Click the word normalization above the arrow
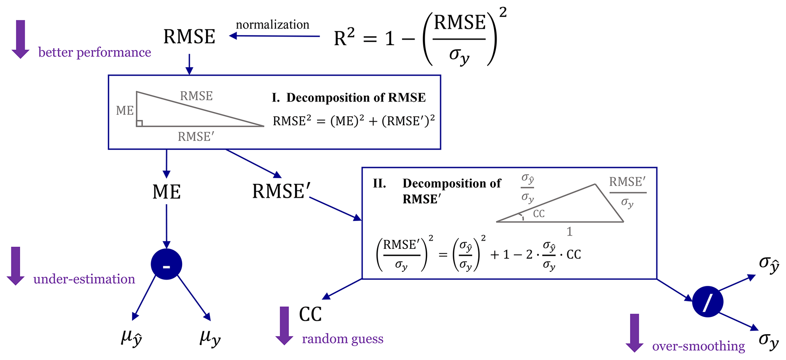pyautogui.click(x=272, y=25)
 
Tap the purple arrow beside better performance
pyautogui.click(x=21, y=39)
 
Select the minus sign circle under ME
pyautogui.click(x=166, y=265)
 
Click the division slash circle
pyautogui.click(x=707, y=302)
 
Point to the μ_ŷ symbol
pyautogui.click(x=131, y=337)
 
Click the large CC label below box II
pyautogui.click(x=310, y=314)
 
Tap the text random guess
pyautogui.click(x=342, y=339)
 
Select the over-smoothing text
pyautogui.click(x=698, y=346)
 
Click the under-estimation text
pyautogui.click(x=84, y=279)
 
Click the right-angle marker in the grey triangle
pyautogui.click(x=140, y=123)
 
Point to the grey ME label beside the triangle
pyautogui.click(x=125, y=111)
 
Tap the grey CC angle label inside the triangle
pyautogui.click(x=538, y=214)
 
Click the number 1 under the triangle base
pyautogui.click(x=569, y=232)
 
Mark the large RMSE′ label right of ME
pyautogui.click(x=281, y=191)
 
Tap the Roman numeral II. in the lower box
pyautogui.click(x=380, y=184)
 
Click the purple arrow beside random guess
pyautogui.click(x=284, y=325)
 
